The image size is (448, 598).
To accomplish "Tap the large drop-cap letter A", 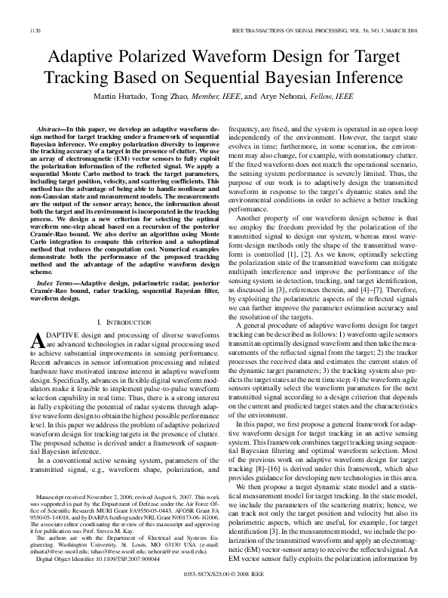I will (x=42, y=341).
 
